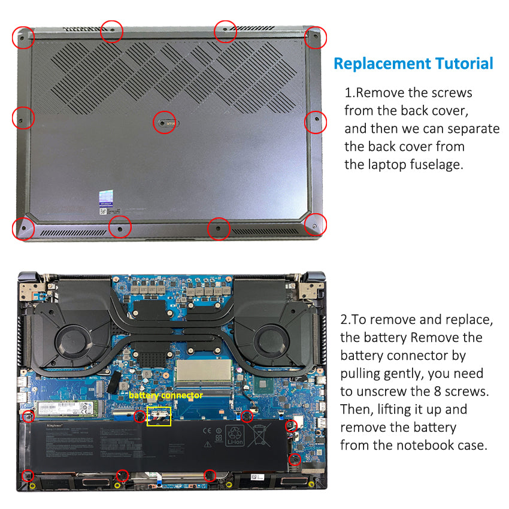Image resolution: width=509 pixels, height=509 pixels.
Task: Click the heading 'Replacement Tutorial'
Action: pos(413,63)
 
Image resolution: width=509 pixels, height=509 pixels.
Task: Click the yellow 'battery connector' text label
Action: pos(165,396)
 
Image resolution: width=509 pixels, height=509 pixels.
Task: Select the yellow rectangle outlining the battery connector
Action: pos(159,416)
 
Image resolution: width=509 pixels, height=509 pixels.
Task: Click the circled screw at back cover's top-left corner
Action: pos(23,37)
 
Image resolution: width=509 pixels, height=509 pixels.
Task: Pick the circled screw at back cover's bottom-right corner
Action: pos(315,225)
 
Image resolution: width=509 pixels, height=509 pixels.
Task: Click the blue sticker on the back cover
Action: pos(106,198)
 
